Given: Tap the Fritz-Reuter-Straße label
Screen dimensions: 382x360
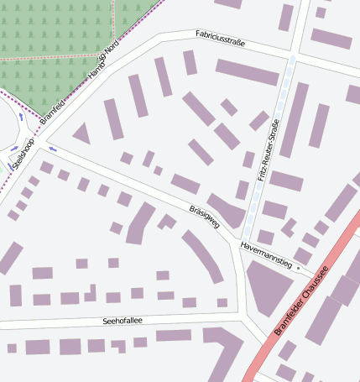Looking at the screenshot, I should click(x=269, y=151).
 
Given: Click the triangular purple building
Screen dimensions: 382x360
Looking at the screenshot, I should click(x=81, y=133).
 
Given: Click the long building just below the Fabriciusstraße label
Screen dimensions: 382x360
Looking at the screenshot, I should click(x=247, y=71).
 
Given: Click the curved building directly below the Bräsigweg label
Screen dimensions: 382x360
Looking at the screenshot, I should click(x=203, y=255).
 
